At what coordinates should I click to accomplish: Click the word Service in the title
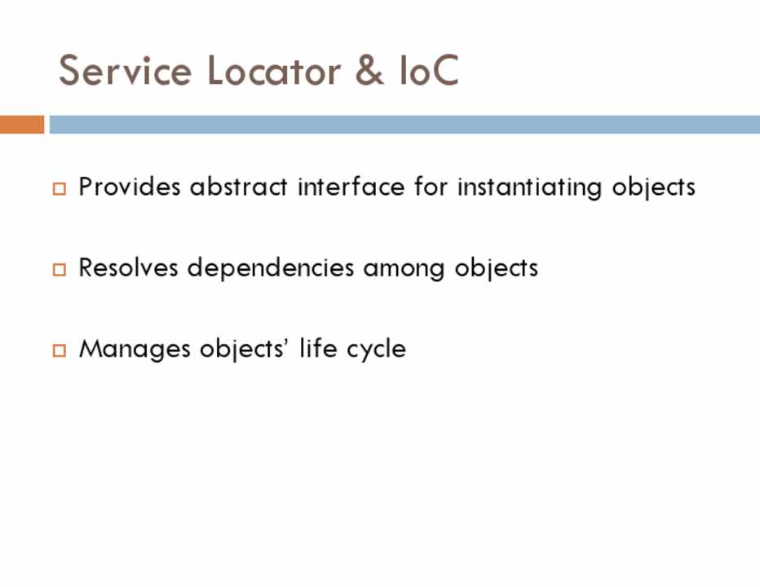coord(125,70)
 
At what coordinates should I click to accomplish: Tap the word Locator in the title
coord(274,70)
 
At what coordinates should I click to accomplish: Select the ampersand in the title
coord(369,70)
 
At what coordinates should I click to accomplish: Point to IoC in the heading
coord(429,70)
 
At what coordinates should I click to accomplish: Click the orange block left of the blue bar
coord(22,124)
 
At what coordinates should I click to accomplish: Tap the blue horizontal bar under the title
coord(404,124)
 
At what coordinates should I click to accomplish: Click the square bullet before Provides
coord(60,188)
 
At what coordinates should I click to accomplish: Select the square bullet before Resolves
coord(60,270)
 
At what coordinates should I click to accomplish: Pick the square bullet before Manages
coord(60,351)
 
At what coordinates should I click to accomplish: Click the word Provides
coord(130,187)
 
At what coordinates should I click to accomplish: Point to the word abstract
coord(238,187)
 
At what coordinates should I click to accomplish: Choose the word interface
coord(351,187)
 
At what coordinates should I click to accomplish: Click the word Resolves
coord(129,267)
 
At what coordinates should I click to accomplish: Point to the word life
coord(319,348)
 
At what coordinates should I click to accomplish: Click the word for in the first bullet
coord(431,187)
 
